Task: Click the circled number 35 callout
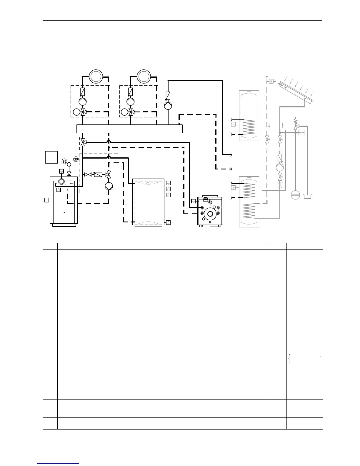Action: click(64, 162)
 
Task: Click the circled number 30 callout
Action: click(76, 159)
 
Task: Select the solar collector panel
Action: click(296, 92)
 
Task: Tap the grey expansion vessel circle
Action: click(295, 195)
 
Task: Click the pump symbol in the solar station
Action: click(280, 167)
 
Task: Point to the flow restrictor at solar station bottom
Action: click(280, 185)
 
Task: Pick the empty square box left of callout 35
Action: click(51, 157)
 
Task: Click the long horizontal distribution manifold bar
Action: click(129, 129)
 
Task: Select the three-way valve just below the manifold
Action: click(83, 142)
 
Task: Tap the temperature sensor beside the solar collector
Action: click(271, 81)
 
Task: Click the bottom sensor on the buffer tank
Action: click(168, 223)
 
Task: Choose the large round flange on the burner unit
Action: click(210, 214)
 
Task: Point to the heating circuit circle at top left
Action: click(96, 76)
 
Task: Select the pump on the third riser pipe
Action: click(168, 106)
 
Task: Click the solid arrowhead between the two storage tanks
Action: click(231, 154)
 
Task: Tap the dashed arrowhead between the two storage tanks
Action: click(231, 169)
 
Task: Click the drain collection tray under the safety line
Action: click(308, 197)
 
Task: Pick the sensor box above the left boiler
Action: click(61, 171)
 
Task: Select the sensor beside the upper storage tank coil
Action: click(234, 124)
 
